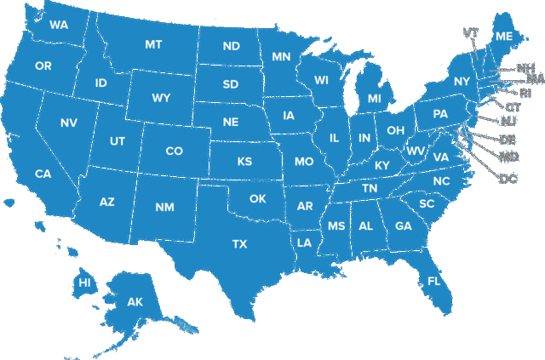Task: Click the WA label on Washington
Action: [59, 25]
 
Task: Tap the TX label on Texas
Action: [240, 244]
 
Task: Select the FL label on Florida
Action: [434, 281]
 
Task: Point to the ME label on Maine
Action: [504, 37]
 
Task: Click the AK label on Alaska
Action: [135, 302]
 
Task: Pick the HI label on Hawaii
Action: [85, 283]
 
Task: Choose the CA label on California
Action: [43, 174]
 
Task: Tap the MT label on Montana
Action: [153, 44]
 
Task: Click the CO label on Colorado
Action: [174, 151]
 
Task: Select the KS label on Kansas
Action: [244, 162]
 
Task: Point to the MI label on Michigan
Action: [375, 100]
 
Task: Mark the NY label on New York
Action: [462, 82]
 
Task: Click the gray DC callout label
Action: [508, 178]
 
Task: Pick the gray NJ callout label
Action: [508, 122]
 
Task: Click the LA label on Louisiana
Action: [304, 243]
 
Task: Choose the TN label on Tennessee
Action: [370, 188]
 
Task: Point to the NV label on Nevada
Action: [69, 123]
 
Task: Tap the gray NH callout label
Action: [526, 67]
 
